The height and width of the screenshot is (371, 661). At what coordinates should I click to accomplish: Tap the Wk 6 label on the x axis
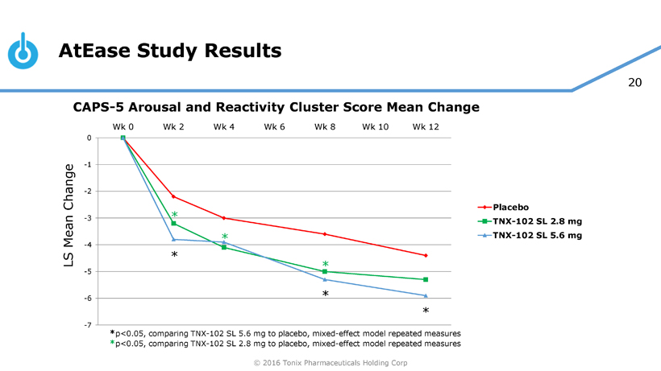coord(274,126)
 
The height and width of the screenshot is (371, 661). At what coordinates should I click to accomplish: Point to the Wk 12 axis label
coord(426,126)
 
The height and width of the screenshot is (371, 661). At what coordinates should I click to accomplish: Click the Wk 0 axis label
coord(123,126)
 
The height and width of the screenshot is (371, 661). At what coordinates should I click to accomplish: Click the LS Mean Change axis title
coord(69,217)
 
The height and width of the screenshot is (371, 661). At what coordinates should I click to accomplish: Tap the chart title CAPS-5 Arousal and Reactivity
coord(276,107)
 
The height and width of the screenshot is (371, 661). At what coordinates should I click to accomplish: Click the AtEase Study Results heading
coord(170,52)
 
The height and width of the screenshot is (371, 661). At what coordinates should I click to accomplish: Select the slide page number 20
coord(634,82)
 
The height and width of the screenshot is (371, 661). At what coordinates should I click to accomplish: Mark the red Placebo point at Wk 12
coord(426,255)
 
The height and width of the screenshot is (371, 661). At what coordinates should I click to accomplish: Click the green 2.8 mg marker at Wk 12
coord(426,279)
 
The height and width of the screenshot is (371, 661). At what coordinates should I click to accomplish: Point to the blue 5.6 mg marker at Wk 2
coord(173,239)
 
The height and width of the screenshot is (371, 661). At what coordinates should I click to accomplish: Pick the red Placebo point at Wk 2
coord(173,196)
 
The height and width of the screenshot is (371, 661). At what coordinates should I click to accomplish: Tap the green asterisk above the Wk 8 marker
coord(325,265)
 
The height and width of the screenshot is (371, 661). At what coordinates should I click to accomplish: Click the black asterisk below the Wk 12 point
coord(426,311)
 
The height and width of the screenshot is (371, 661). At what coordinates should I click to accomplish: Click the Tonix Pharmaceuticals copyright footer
coord(330,363)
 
